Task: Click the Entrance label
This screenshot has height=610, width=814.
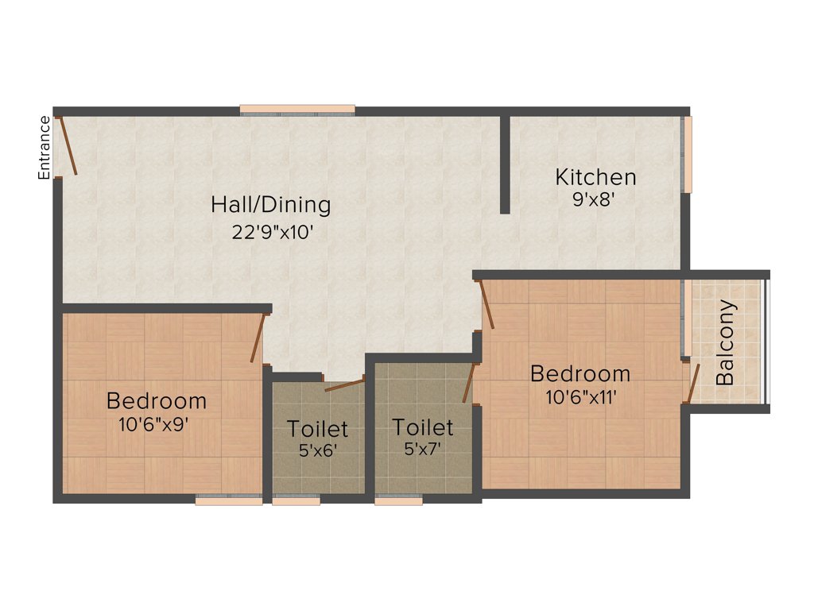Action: pos(45,148)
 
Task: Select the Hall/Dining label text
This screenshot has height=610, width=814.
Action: pos(270,205)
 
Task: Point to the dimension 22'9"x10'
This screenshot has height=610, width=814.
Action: pos(270,233)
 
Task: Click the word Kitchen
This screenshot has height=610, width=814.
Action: pos(595,176)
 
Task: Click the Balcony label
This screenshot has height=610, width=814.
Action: pos(726,342)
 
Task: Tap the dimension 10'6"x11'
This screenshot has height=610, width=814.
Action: pos(580,396)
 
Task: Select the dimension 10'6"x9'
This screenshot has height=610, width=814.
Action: pos(156,424)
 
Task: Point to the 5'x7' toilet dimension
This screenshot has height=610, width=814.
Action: pos(422,450)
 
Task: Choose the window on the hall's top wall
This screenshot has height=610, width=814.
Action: pos(297,110)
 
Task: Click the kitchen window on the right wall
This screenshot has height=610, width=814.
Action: pos(688,154)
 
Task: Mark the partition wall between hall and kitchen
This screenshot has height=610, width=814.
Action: pos(505,164)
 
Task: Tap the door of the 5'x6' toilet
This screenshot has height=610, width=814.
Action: pos(345,386)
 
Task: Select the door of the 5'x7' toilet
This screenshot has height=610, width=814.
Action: pos(469,383)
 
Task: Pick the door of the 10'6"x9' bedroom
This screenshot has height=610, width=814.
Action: pos(258,338)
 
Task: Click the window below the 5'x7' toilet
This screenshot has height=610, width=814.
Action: pos(399,501)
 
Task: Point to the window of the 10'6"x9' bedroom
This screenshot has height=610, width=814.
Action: pos(229,501)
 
